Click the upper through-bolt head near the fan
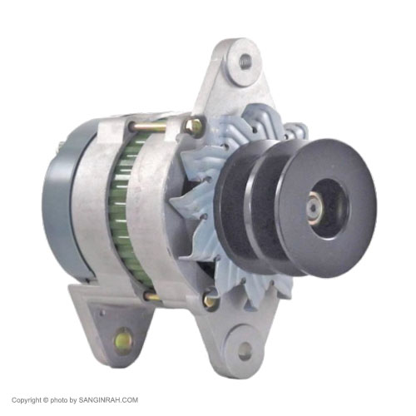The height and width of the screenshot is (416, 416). click(195, 126)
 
